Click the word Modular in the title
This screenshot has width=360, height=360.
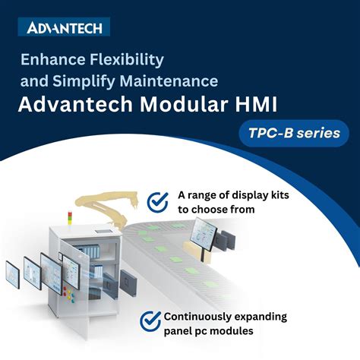[190, 103]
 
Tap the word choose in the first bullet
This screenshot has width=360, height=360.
[232, 209]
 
